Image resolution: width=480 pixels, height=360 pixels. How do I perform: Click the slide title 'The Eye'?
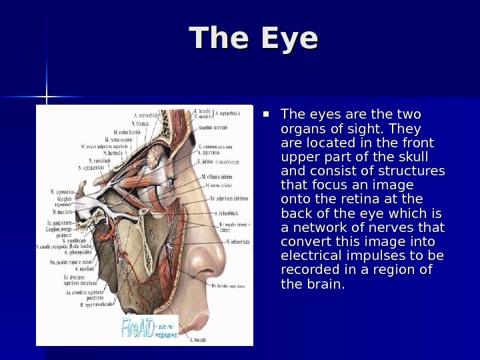click(x=253, y=39)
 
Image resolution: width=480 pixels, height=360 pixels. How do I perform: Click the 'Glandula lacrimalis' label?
click(x=211, y=127)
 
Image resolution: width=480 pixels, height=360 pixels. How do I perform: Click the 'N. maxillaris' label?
click(x=61, y=213)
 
